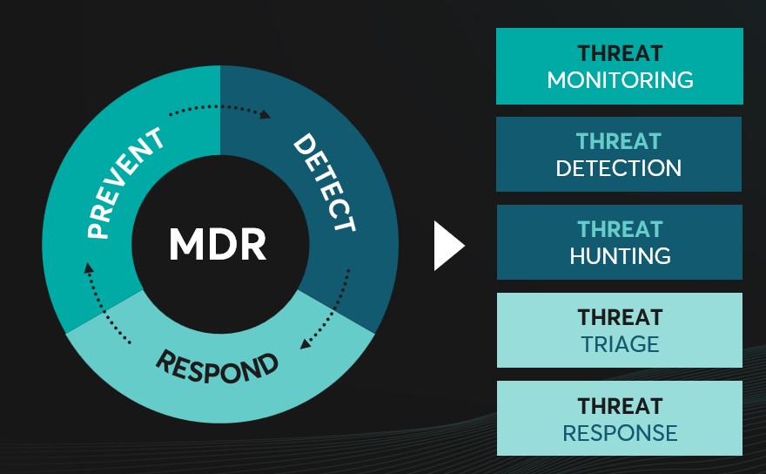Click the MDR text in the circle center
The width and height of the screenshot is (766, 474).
[x=218, y=245]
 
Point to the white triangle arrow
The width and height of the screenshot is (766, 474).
[x=449, y=245]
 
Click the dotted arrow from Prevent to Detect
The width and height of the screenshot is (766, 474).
[x=219, y=108]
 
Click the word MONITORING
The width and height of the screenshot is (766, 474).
[x=620, y=80]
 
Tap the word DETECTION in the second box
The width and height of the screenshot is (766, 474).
[x=619, y=168]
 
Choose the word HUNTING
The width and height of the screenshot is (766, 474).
[x=620, y=256]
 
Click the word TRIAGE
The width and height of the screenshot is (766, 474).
[x=619, y=344]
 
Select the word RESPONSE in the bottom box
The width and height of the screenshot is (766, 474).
[x=620, y=432]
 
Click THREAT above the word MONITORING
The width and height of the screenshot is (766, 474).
[x=619, y=54]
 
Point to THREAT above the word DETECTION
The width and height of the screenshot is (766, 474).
[x=619, y=142]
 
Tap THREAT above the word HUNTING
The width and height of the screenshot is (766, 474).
[x=619, y=230]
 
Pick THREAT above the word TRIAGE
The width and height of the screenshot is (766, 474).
[x=619, y=318]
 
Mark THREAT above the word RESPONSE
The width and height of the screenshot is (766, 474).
[x=619, y=406]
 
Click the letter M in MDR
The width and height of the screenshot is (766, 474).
[x=186, y=245]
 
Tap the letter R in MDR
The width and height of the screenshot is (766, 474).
[x=252, y=245]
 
